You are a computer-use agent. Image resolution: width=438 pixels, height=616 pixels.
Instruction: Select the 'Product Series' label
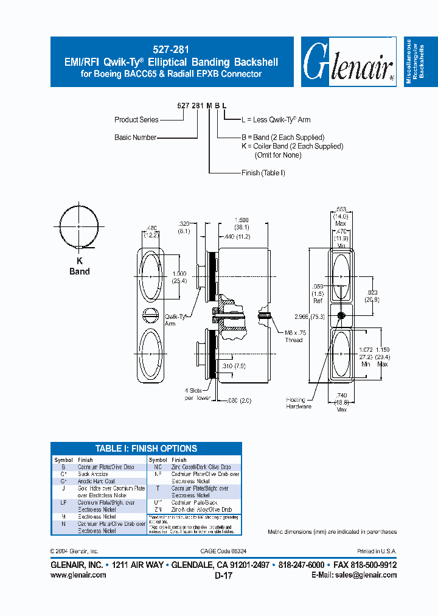136,120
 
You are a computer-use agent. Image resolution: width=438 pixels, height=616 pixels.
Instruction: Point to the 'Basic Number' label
135,138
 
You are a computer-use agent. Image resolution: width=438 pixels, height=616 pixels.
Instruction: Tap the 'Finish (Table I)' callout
263,173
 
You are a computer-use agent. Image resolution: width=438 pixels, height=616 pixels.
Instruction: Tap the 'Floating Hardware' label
299,403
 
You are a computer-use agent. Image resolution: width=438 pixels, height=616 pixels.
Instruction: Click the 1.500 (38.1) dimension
242,223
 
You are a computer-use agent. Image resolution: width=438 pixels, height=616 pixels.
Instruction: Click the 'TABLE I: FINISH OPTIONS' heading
146,449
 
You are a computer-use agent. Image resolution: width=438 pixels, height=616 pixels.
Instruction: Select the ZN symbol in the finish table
158,509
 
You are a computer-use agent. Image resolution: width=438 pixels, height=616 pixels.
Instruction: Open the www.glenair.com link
78,575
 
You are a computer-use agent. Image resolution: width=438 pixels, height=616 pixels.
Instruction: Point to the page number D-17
223,575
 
